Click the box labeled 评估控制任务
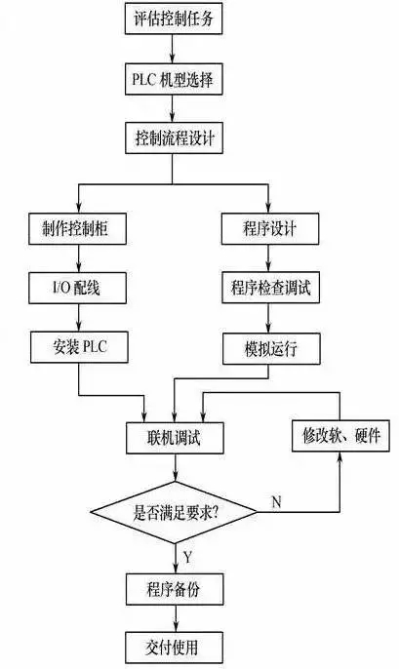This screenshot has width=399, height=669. [x=174, y=19]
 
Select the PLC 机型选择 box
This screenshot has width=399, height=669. [x=174, y=79]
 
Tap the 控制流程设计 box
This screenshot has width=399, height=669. [x=174, y=138]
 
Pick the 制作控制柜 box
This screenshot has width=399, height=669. [x=77, y=228]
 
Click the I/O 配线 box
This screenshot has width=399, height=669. [x=77, y=288]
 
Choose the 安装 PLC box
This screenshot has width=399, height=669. [x=79, y=347]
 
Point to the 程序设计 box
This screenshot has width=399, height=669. [x=269, y=228]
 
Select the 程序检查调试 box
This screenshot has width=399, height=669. [x=270, y=288]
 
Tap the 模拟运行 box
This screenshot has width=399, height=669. [x=271, y=349]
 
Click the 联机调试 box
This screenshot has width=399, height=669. [x=175, y=438]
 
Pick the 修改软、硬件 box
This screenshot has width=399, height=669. [x=340, y=436]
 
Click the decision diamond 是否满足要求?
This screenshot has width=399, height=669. [x=174, y=512]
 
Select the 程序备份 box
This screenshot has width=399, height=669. [x=175, y=589]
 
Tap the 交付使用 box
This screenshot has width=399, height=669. [x=174, y=648]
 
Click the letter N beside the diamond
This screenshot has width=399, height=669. [x=276, y=501]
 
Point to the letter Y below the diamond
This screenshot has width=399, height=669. [x=187, y=557]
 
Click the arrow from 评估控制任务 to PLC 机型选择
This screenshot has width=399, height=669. [x=173, y=49]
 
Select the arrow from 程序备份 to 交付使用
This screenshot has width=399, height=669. [x=175, y=618]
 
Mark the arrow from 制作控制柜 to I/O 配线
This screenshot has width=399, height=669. [x=78, y=258]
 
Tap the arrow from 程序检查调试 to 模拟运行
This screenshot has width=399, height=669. [x=268, y=319]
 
